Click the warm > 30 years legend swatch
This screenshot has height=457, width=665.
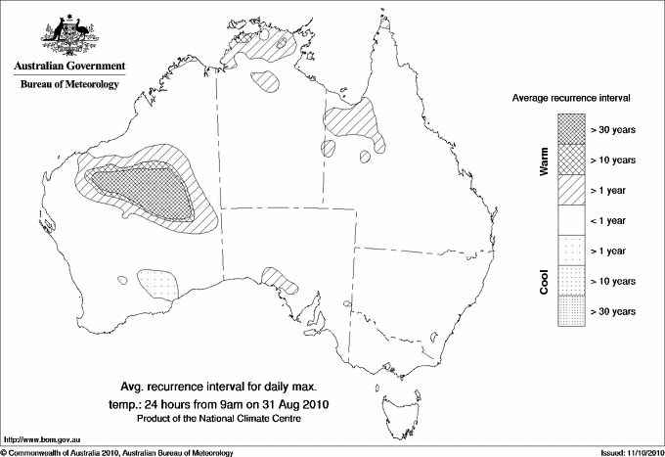[570, 128]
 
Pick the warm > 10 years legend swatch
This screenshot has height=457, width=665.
[570, 159]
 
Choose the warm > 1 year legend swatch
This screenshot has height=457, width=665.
[570, 189]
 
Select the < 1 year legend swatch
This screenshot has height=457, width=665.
[570, 220]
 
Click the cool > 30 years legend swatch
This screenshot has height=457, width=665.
[570, 311]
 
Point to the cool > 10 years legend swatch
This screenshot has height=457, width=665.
[570, 281]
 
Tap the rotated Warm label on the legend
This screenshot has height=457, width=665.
[544, 160]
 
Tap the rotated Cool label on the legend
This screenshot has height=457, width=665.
[544, 281]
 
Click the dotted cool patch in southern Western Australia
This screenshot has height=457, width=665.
[159, 284]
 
